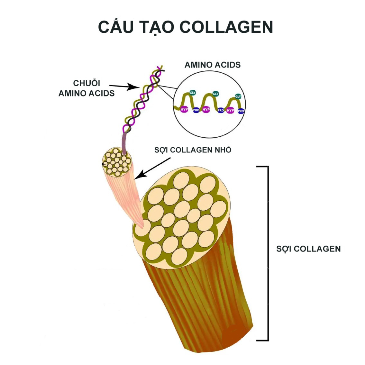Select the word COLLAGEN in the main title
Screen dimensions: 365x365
226,27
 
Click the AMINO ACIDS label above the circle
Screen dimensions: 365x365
213,65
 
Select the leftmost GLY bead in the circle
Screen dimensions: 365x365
193,93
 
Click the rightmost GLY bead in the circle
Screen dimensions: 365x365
238,96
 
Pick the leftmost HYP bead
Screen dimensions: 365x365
184,109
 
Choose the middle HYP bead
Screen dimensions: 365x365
206,109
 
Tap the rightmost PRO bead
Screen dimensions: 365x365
241,111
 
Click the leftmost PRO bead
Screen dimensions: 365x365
196,110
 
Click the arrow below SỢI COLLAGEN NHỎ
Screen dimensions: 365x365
152,168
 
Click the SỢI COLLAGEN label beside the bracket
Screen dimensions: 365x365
308,249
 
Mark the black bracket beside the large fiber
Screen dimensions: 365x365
268,253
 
